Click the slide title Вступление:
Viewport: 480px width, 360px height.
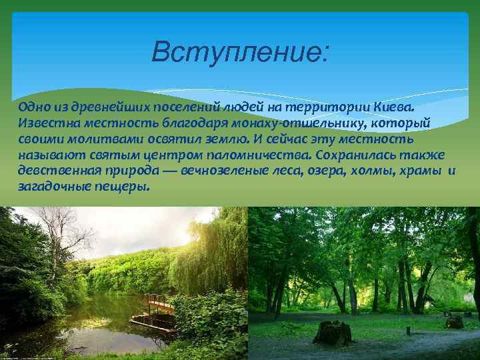pos(239,51)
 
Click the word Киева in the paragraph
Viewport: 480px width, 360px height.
pos(393,107)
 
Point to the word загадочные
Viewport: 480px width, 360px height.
pos(55,187)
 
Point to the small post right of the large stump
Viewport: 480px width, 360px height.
pos(408,330)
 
